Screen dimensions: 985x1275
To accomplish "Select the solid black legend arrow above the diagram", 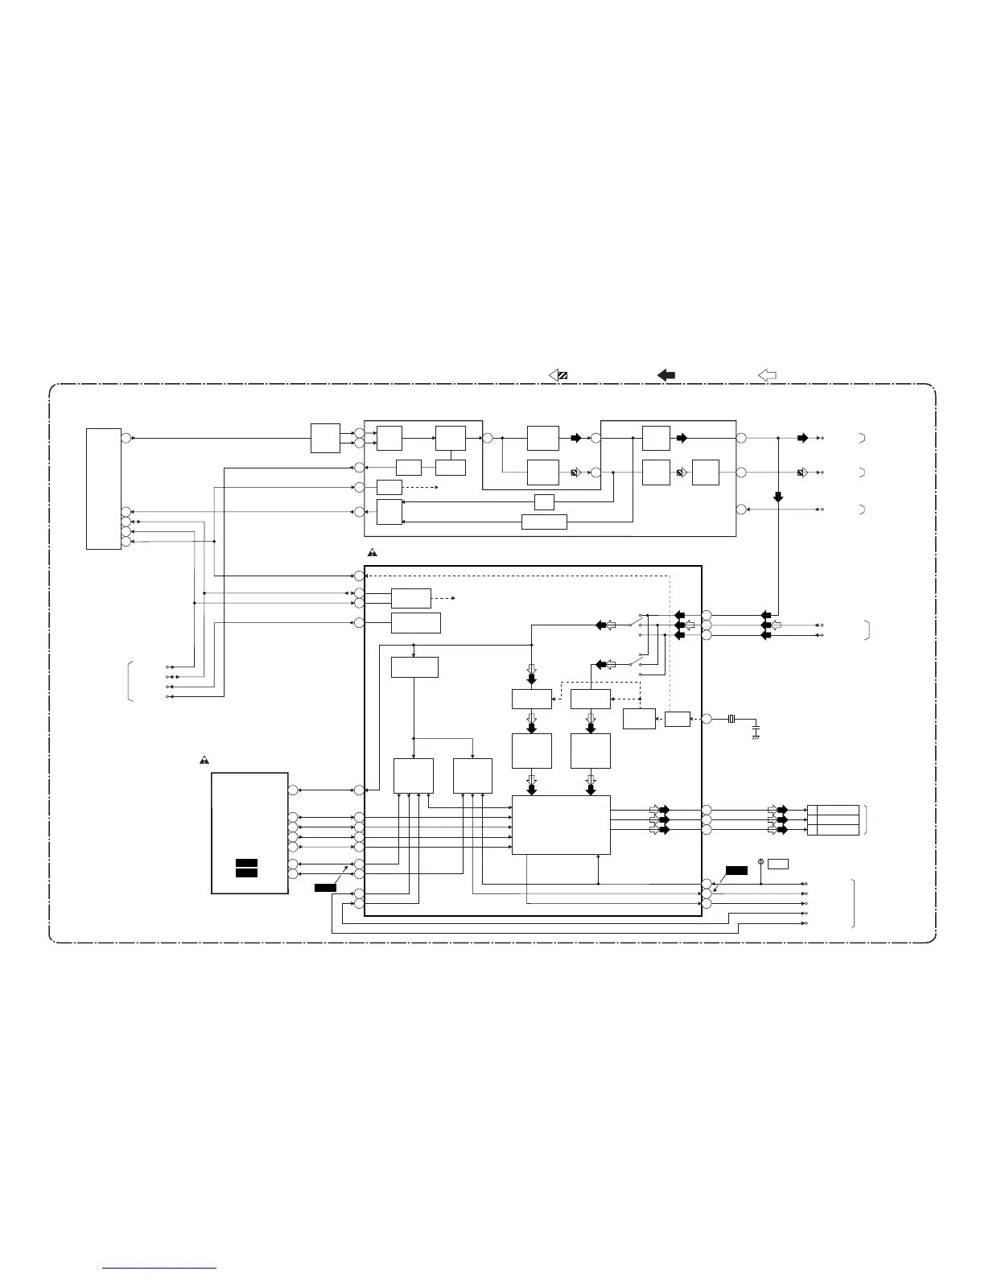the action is [666, 375].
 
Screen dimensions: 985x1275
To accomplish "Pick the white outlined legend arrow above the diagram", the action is [767, 375].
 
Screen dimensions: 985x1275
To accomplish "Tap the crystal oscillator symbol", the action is [732, 719].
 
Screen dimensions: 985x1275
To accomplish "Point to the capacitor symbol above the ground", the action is [756, 728].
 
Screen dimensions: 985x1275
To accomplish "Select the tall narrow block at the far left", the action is [104, 489].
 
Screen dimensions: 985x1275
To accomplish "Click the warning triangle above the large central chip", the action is [373, 554].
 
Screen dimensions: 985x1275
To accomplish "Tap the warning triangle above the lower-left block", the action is [205, 761].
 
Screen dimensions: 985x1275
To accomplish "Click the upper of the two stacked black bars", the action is [246, 863].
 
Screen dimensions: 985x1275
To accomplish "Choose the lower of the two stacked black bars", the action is [246, 873].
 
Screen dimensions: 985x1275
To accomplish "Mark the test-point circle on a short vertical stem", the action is [760, 862].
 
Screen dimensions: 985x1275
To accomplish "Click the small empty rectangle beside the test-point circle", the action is [777, 864].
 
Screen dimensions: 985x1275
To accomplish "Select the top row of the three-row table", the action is [833, 810].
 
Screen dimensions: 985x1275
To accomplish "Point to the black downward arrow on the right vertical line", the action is [778, 497].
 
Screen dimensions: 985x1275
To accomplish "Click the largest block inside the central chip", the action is [561, 825].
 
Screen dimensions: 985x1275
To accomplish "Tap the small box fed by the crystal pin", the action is [678, 719].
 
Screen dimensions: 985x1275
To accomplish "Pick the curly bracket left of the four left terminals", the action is [129, 681].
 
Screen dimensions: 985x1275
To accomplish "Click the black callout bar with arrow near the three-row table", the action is [736, 870].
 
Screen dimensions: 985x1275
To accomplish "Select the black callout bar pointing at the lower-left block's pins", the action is [325, 887].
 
